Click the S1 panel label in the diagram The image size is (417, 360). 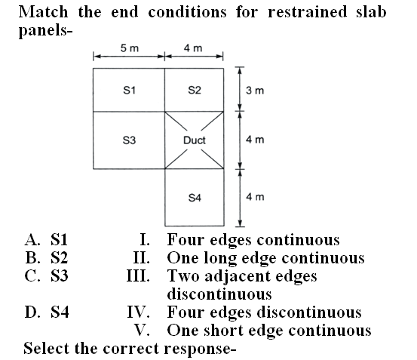pos(129,91)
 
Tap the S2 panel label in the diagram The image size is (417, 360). pos(195,91)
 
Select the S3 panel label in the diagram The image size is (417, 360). pos(129,140)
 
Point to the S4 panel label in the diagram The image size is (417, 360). pos(195,198)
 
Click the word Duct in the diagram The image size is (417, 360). pos(195,140)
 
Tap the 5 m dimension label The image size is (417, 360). pos(130,48)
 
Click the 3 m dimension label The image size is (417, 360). pos(255,91)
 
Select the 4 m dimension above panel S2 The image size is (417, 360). pos(193,48)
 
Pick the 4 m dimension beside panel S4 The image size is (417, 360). pos(255,197)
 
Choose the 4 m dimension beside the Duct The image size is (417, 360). pos(255,140)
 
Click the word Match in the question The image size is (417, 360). pos(43,12)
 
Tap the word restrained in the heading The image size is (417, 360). pos(308,12)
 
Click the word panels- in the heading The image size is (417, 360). pos(45,31)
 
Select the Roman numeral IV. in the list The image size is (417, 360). pos(138,312)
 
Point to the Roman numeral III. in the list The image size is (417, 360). pos(138,275)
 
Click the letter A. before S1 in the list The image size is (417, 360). pos(32,239)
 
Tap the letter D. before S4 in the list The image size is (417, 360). pos(32,312)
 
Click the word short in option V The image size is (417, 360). pos(224,331)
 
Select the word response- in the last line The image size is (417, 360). pos(201,349)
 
